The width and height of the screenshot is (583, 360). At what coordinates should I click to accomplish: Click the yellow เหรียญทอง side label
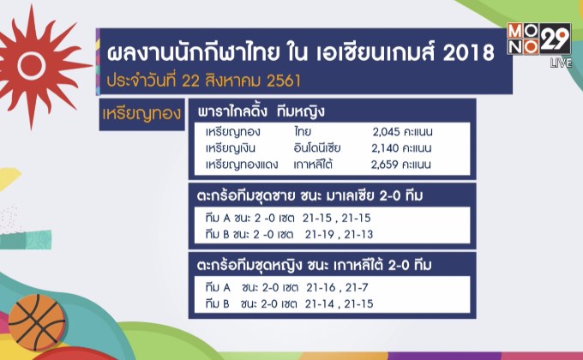[x=141, y=114]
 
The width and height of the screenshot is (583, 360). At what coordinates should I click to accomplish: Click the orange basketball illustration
[x=36, y=322]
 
